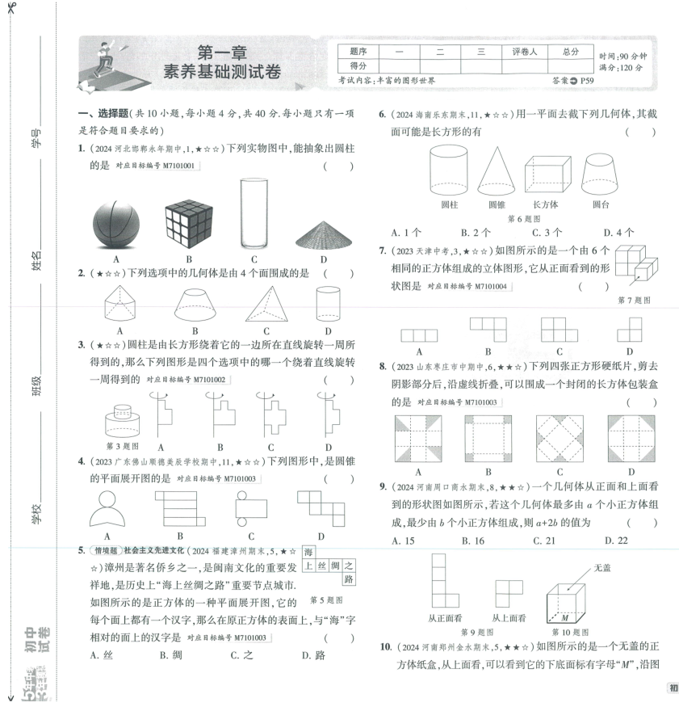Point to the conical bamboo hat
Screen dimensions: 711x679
click(322, 233)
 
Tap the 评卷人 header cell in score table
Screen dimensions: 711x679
click(523, 52)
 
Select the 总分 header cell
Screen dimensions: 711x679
click(571, 52)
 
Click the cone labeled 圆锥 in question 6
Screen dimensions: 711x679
click(497, 170)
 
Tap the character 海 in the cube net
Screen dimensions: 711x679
click(308, 552)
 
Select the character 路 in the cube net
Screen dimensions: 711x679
click(349, 579)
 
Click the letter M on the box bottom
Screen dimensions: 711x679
click(565, 617)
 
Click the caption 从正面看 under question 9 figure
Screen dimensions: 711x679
click(443, 617)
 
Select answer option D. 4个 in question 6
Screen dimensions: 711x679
click(619, 233)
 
